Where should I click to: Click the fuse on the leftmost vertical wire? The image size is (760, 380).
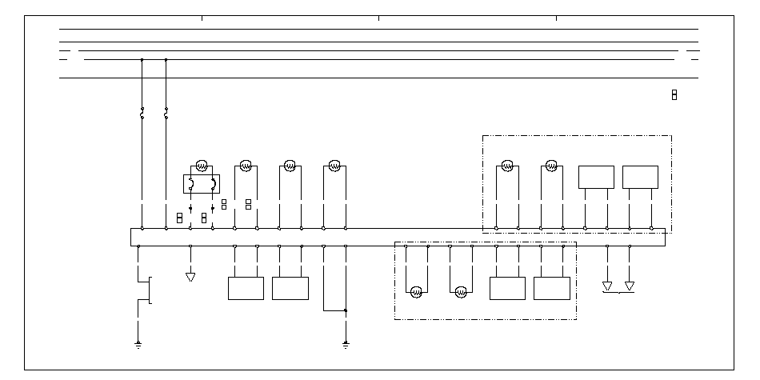coord(142,114)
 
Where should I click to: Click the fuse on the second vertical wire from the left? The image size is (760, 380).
coord(166,114)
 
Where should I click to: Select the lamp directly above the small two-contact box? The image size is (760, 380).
coord(202,166)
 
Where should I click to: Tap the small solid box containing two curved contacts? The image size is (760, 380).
coord(202,185)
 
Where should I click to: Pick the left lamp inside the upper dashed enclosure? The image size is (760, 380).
coord(506,166)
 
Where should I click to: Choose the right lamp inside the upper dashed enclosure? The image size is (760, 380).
coord(550,166)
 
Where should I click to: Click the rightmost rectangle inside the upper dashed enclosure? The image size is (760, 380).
coord(640,177)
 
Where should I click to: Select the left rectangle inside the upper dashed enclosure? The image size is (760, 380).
coord(596,177)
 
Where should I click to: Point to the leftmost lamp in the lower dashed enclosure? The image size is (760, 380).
coord(416,293)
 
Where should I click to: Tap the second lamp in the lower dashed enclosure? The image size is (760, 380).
coord(460,293)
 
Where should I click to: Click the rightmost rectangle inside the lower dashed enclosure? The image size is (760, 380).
coord(552,288)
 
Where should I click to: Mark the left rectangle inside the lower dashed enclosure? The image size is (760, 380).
coord(507,288)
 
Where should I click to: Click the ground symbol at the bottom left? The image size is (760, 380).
coord(138,344)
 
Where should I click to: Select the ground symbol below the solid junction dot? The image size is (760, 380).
coord(346,344)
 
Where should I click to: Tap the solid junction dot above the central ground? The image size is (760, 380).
coord(346,310)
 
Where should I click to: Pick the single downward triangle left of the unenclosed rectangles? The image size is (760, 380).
coord(190,277)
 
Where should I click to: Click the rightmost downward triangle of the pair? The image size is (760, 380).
coord(630,285)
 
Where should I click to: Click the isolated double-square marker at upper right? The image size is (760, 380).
coord(674,95)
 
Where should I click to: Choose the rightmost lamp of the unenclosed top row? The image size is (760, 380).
coord(334,166)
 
